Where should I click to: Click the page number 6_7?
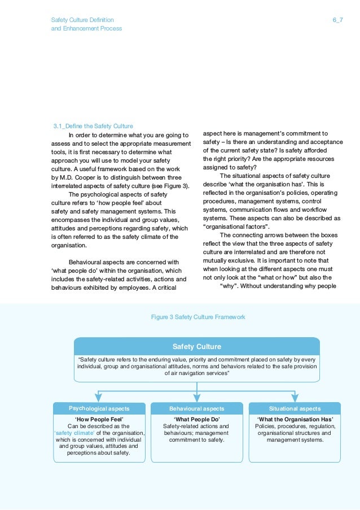337,20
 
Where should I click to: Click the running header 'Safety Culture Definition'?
82,20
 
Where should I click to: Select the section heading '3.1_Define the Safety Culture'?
93,126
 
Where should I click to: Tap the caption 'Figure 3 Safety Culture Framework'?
198,317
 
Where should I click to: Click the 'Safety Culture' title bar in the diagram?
196,346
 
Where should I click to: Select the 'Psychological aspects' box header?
99,408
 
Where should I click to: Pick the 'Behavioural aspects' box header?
196,408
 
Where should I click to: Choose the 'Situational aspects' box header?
295,408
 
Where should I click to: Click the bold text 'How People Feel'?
99,419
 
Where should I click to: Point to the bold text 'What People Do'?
196,419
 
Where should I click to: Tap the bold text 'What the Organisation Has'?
295,419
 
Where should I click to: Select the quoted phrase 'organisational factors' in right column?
236,226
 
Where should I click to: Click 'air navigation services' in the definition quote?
196,373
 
